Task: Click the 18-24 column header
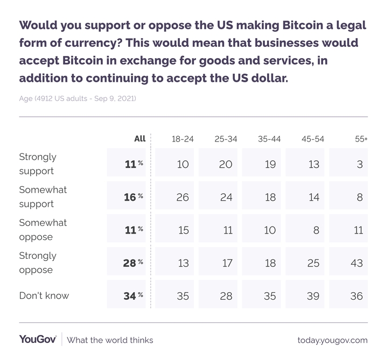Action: [183, 139]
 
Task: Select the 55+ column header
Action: [361, 139]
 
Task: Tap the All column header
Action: [139, 138]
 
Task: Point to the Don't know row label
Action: [44, 295]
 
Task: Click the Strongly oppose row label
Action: [38, 263]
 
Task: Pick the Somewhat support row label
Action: [43, 197]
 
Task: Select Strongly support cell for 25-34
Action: [226, 164]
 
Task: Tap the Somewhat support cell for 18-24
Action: [183, 197]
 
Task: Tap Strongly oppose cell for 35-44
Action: [270, 263]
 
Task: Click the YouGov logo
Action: [38, 340]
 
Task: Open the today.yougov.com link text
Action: [332, 340]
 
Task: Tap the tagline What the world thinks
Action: [110, 340]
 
